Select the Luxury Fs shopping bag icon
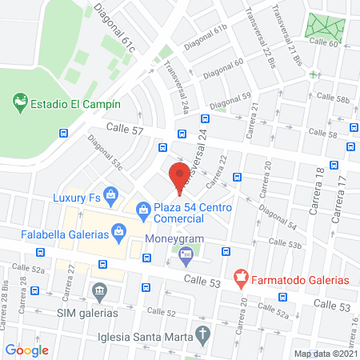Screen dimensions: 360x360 [x=111, y=194]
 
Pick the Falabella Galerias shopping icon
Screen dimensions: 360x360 [x=118, y=233]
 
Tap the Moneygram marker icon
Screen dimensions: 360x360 [x=186, y=257]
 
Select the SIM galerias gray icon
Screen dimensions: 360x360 [x=99, y=290]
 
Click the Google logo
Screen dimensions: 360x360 [x=27, y=350]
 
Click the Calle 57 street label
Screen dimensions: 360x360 [x=125, y=129]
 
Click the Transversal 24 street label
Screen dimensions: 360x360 [x=197, y=160]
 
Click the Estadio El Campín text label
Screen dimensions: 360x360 [x=76, y=104]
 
